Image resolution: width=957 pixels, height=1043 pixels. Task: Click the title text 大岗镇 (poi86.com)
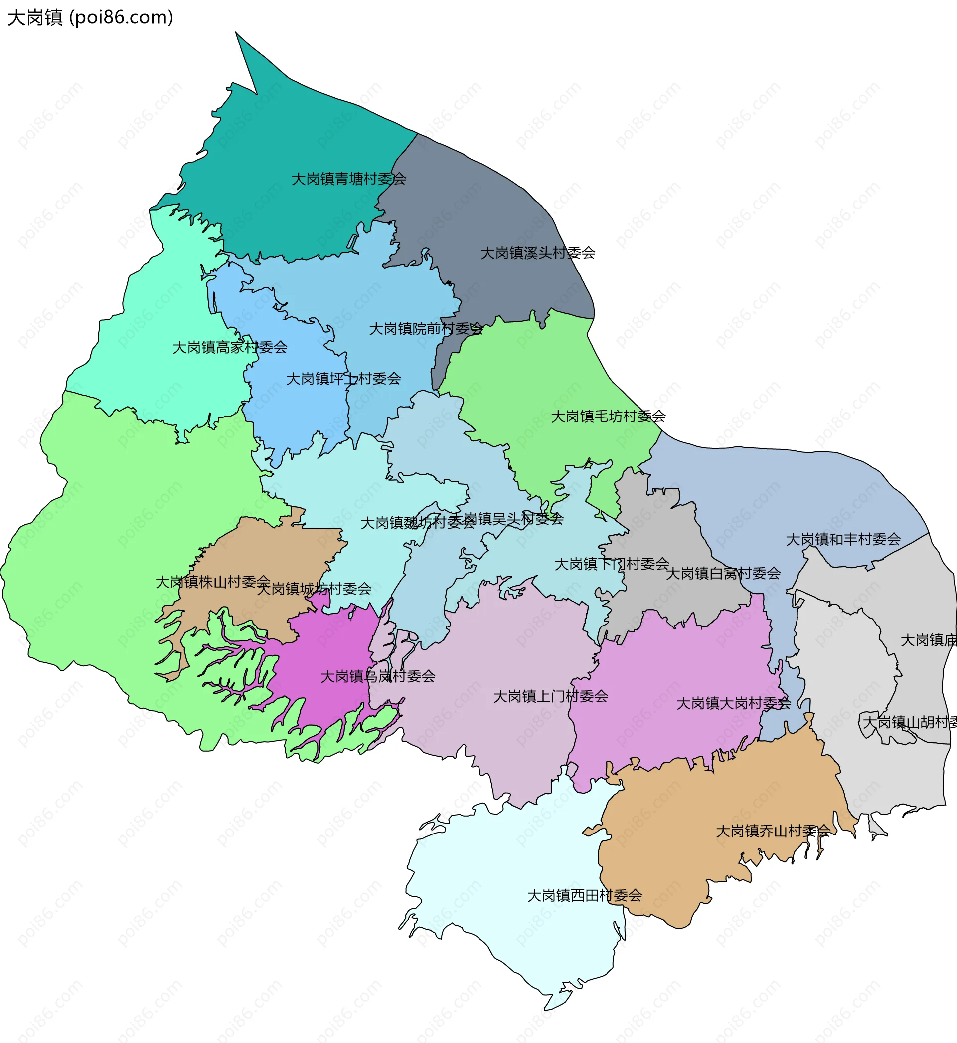coord(90,17)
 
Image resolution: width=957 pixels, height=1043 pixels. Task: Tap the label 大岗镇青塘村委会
coord(348,179)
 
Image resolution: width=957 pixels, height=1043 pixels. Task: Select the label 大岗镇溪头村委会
coord(537,253)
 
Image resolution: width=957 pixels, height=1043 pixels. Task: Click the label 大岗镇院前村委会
coord(426,329)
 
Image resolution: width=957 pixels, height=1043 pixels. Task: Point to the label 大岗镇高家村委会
coord(229,347)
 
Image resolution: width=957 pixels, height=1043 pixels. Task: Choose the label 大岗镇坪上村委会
coord(343,378)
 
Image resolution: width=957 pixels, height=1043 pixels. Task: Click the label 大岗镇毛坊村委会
coord(608,416)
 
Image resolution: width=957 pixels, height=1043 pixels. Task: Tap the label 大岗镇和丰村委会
coord(843,539)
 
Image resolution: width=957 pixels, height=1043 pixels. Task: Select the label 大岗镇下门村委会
coord(612,564)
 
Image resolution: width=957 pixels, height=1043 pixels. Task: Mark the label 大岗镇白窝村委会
coord(723,574)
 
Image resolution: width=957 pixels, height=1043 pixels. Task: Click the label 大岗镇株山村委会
coord(212,582)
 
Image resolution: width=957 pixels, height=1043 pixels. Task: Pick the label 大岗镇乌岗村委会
coord(377,676)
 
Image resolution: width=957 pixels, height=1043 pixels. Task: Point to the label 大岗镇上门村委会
coord(550,696)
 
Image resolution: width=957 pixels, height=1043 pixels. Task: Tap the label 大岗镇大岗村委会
coord(733,704)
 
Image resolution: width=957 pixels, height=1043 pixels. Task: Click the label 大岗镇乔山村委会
coord(773,831)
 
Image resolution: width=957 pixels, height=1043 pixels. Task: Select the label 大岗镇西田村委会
coord(584,896)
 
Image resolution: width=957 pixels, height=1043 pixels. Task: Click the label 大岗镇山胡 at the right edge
coord(909,722)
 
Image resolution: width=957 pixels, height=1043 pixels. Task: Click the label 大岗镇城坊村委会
coord(314,589)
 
